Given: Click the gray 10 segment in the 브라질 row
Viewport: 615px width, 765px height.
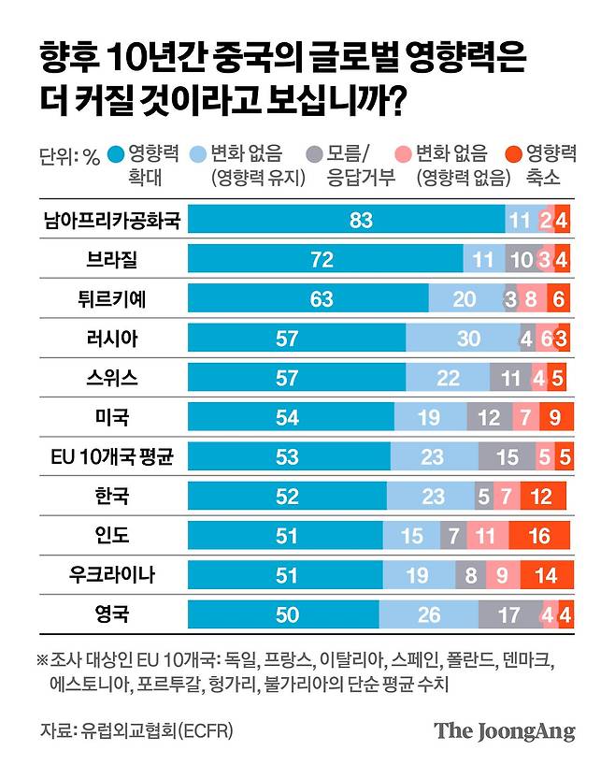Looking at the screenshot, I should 521,259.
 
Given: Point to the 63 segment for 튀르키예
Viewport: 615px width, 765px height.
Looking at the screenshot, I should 308,299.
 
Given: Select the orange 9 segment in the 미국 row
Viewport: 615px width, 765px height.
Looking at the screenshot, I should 555,417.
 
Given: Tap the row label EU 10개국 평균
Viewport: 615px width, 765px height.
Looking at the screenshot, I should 111,457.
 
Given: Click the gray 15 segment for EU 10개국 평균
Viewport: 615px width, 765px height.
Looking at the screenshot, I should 508,457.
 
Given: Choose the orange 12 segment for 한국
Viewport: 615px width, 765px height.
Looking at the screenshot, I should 541,497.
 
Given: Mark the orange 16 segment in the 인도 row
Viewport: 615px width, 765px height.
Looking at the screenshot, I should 539,536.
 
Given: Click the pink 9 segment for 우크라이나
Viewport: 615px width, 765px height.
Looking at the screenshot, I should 502,575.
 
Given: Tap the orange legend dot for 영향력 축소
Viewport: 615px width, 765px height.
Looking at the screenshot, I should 512,155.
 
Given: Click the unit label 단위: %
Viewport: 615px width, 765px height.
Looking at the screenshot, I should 69,156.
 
